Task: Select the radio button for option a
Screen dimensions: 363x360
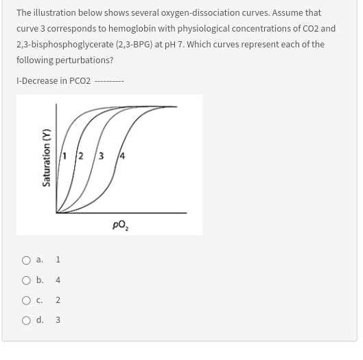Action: [x=25, y=260]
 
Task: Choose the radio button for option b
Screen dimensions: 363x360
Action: [x=25, y=280]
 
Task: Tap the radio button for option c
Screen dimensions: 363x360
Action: [x=25, y=300]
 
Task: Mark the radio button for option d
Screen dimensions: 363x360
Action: [x=25, y=320]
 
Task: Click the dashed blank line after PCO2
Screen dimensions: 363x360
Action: [x=109, y=81]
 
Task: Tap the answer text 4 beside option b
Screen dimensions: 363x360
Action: [x=58, y=280]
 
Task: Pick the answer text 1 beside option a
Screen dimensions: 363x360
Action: [x=58, y=260]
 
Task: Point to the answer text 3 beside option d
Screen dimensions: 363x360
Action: [x=58, y=320]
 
